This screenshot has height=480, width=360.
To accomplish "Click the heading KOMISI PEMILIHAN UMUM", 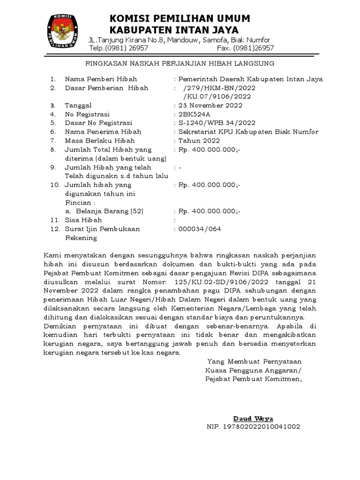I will pyautogui.click(x=180, y=18).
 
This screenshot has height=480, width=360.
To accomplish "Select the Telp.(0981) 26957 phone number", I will pyautogui.click(x=119, y=48).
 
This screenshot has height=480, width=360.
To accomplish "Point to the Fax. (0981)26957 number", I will pyautogui.click(x=245, y=48).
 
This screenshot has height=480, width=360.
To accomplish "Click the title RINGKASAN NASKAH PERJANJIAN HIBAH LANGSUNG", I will pyautogui.click(x=180, y=63).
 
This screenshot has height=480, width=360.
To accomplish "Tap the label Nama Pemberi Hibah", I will pyautogui.click(x=101, y=79).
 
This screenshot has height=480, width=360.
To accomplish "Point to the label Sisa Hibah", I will pyautogui.click(x=83, y=220).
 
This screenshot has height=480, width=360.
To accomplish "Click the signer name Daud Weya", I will pyautogui.click(x=253, y=419).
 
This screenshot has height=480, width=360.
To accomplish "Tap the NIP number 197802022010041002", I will pyautogui.click(x=253, y=427).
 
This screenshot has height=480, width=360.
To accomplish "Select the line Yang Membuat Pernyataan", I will pyautogui.click(x=255, y=361).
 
